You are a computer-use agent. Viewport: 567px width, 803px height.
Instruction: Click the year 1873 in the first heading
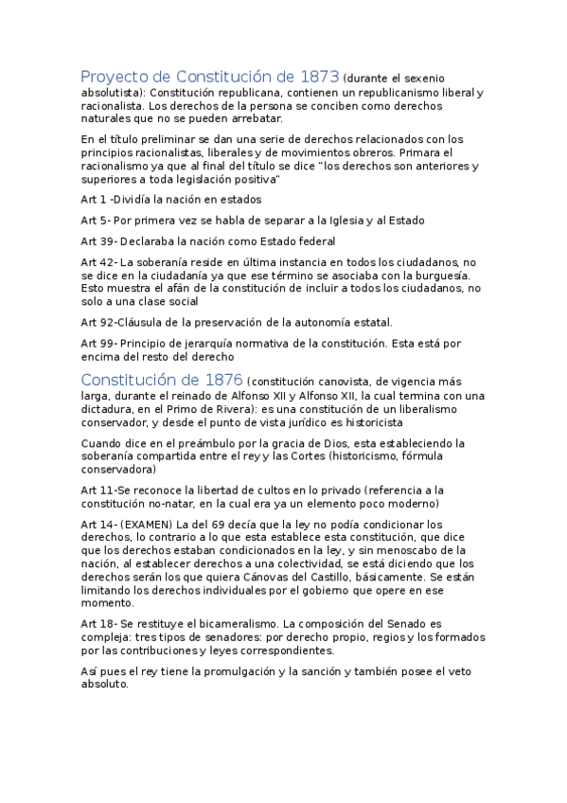pyautogui.click(x=317, y=77)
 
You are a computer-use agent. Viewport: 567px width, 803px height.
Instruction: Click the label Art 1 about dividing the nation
pyautogui.click(x=94, y=200)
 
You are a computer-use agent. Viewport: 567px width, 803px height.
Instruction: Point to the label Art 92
pyautogui.click(x=97, y=322)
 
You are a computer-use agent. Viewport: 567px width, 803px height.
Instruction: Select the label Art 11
pyautogui.click(x=97, y=489)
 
